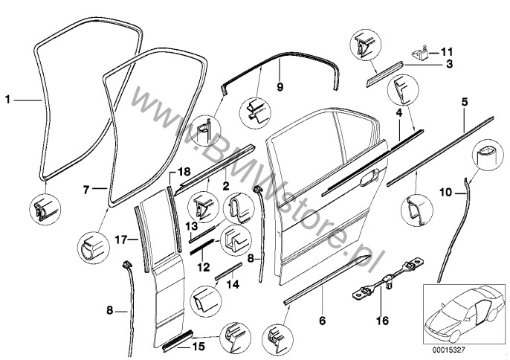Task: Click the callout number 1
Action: [9, 97]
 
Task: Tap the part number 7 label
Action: [86, 190]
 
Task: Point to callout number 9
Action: [281, 87]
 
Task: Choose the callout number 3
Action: [450, 65]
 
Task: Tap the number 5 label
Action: [465, 100]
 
